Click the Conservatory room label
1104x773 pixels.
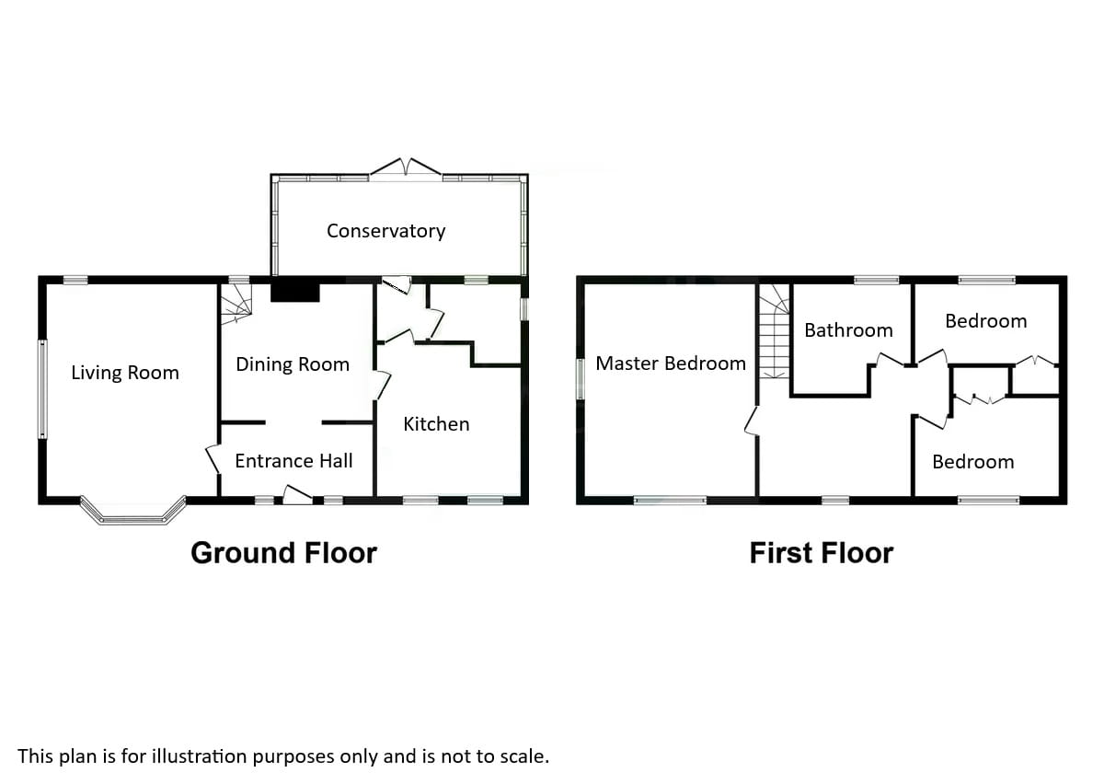(385, 231)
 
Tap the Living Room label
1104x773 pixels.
(125, 373)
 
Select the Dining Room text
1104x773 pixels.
(293, 364)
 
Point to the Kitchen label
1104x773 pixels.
(436, 424)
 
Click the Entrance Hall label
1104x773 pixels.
(293, 461)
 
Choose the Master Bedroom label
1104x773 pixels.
(671, 363)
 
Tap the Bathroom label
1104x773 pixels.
(848, 330)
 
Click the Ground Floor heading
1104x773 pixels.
(283, 553)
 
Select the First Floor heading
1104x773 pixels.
(821, 553)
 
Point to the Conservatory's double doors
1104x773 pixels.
(406, 167)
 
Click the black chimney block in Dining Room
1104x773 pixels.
(294, 292)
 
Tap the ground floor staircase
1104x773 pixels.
(236, 302)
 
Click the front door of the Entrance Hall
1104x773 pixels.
(296, 497)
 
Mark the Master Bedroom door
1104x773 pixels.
(752, 421)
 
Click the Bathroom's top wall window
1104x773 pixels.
(876, 280)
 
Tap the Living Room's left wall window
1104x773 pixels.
(42, 388)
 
